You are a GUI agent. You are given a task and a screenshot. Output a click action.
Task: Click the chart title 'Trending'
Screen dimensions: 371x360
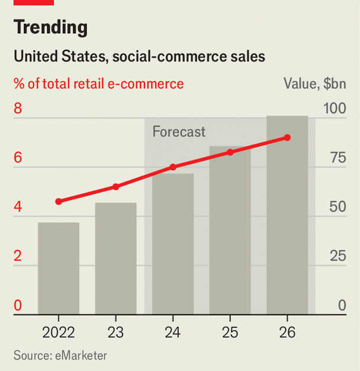[x=50, y=27]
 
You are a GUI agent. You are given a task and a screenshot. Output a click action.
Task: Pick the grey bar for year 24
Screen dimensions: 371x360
[x=173, y=244]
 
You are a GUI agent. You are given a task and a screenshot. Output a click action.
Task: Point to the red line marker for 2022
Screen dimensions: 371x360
[x=59, y=202]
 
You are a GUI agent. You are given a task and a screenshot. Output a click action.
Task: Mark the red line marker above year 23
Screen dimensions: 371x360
[x=116, y=187]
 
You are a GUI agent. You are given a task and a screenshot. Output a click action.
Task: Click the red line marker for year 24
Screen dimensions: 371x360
[x=173, y=167]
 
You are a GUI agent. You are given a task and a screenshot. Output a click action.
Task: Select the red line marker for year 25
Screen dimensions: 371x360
[x=230, y=152]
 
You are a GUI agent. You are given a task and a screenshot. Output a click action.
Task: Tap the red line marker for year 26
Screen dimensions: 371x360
[x=287, y=137]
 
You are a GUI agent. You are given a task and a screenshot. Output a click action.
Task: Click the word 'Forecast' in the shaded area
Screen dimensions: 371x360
[x=179, y=132]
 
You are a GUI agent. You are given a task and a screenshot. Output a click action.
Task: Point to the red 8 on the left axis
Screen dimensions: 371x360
[x=18, y=108]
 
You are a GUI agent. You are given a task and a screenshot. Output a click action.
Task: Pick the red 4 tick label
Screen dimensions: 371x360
[x=18, y=207]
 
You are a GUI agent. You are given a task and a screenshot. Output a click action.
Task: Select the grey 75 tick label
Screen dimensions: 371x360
[x=337, y=158]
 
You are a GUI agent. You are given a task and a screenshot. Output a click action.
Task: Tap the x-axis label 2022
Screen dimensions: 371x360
[x=59, y=331]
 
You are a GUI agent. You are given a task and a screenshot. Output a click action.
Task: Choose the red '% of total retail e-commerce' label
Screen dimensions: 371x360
[x=99, y=84]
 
